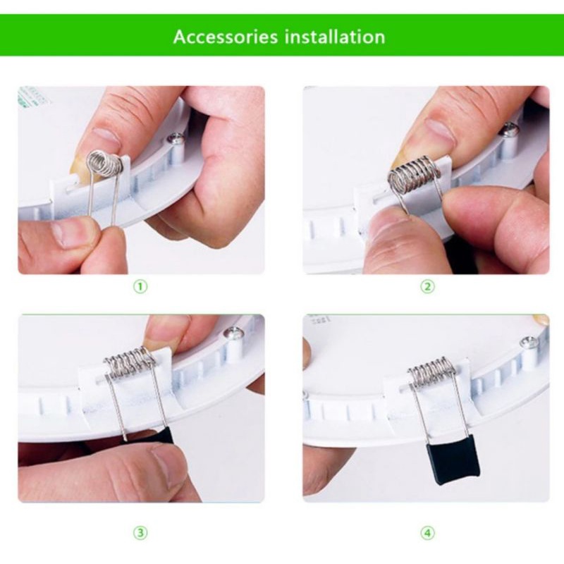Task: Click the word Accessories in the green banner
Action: pos(226,37)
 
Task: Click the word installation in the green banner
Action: pos(334,37)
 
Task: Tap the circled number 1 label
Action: pos(140,286)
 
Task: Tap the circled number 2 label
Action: pos(427,286)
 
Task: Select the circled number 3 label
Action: pos(140,532)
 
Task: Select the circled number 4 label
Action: pos(427,532)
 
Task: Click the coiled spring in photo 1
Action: pos(105,164)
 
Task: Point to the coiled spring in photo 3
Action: pos(130,362)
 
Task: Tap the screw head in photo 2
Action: pos(510,129)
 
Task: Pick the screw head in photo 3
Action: pos(233,333)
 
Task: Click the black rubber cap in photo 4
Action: pos(453,464)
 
